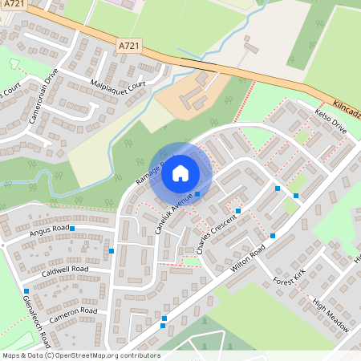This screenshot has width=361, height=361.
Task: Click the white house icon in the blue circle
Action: [x=180, y=172]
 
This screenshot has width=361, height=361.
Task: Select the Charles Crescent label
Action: [x=216, y=233]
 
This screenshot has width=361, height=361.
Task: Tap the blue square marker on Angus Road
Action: [x=72, y=229]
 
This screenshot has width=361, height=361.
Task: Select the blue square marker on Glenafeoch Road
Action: [x=26, y=290]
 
